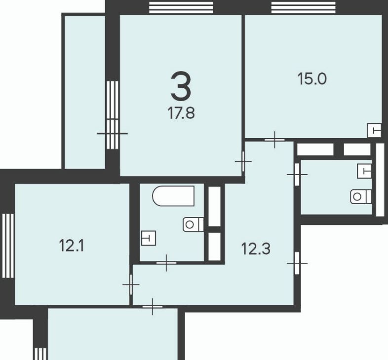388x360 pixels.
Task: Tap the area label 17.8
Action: point(181,113)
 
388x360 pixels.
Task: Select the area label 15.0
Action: point(312,79)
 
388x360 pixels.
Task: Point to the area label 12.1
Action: point(72,246)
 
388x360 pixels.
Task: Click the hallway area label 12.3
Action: point(256,249)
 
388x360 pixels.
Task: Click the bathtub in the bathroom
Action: point(173,196)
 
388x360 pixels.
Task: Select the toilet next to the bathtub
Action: point(193,224)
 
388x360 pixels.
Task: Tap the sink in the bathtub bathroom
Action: point(149,238)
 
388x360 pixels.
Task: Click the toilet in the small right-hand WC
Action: point(361,197)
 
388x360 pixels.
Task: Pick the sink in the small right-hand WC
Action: point(364,171)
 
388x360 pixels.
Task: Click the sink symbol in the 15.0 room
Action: point(374,130)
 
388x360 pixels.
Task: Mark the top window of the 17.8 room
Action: point(181,7)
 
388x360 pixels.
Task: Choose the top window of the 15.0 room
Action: point(304,7)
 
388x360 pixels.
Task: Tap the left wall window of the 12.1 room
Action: point(8,246)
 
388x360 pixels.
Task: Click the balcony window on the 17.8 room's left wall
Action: point(113,115)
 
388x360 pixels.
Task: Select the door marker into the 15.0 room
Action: point(274,140)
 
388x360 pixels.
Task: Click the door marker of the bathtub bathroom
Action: point(166,263)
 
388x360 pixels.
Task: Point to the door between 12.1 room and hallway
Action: point(131,285)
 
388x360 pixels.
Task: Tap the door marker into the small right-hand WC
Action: point(297,175)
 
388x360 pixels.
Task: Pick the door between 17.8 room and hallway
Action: point(243,161)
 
